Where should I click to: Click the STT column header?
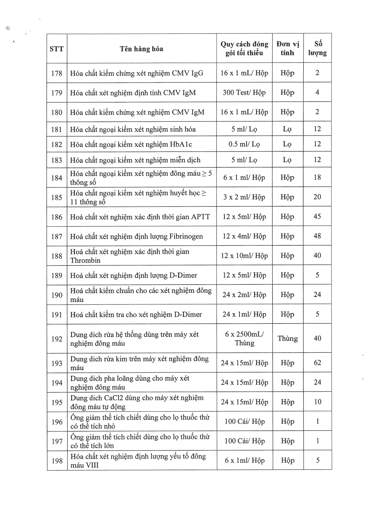point(57,49)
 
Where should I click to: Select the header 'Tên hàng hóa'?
point(141,49)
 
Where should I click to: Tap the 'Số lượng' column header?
point(318,49)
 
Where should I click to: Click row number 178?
point(57,73)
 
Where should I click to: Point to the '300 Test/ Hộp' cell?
point(244,92)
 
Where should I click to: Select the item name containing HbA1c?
point(131,144)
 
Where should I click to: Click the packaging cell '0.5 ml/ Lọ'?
point(244,144)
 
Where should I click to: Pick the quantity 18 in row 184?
point(317,177)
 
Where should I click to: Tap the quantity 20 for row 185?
point(317,197)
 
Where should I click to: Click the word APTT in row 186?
point(201,217)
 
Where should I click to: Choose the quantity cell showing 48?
point(317,236)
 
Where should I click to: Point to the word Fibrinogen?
point(186,237)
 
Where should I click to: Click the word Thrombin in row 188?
point(85,261)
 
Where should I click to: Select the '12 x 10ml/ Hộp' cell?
point(244,256)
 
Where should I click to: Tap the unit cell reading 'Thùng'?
point(288,338)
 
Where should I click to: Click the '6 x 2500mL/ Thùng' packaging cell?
point(244,338)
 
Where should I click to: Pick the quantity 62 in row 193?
point(318,363)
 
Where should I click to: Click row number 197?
point(57,441)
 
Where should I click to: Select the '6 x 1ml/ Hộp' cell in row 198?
point(244,461)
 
